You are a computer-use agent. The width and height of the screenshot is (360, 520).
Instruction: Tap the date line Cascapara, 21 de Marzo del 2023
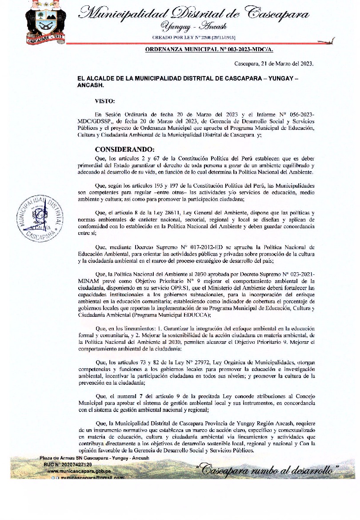pyautogui.click(x=274, y=64)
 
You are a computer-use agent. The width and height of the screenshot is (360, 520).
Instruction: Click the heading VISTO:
pyautogui.click(x=105, y=101)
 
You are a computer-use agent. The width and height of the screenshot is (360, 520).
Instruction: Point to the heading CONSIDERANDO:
pyautogui.click(x=124, y=149)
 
